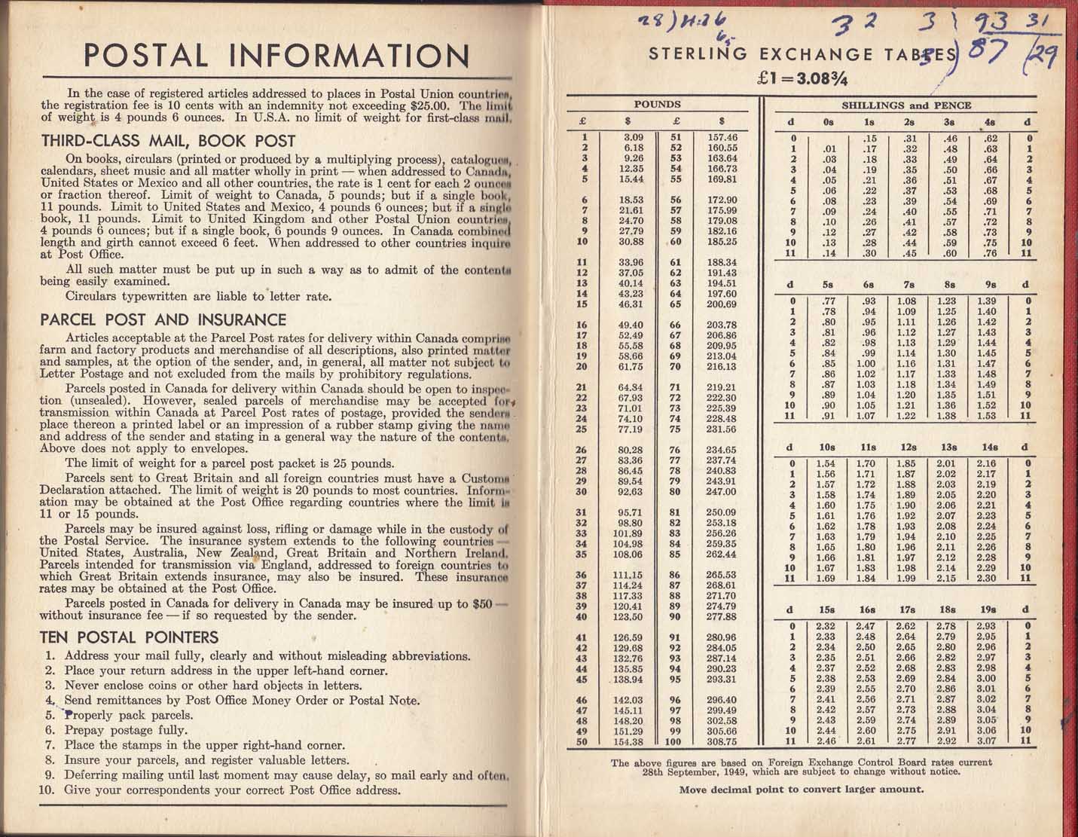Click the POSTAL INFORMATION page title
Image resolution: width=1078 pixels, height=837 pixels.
(x=276, y=56)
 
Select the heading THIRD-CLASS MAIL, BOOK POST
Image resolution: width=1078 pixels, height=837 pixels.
(x=168, y=141)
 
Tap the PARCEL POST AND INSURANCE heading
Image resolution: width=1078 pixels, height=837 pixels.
(x=163, y=319)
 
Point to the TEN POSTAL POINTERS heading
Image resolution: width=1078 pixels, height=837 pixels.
(x=129, y=637)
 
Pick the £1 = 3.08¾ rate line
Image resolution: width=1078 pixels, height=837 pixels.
(x=804, y=77)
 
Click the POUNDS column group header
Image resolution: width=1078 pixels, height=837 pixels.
(x=657, y=105)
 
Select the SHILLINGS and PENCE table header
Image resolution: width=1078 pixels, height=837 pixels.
(x=906, y=105)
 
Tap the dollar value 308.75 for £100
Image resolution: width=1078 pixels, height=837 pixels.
(x=722, y=741)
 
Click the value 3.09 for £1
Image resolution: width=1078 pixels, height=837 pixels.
(x=634, y=137)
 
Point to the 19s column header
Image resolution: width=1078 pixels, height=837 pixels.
(x=986, y=609)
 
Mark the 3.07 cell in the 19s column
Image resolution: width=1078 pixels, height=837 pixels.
(x=986, y=741)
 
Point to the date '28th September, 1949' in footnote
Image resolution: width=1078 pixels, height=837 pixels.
(x=695, y=772)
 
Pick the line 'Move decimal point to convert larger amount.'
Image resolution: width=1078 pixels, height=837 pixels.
(x=801, y=790)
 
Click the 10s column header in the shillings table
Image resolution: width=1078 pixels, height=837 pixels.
(x=826, y=448)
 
